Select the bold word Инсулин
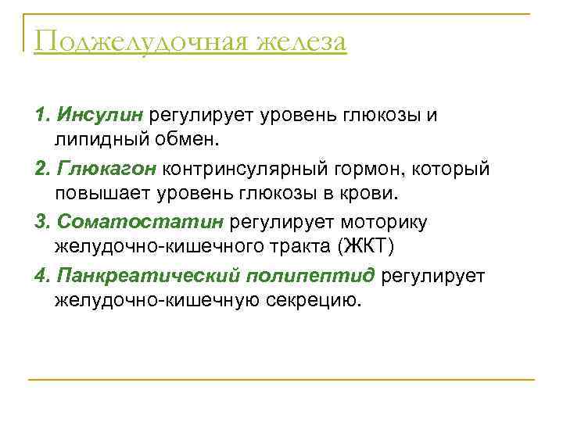(x=98, y=116)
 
